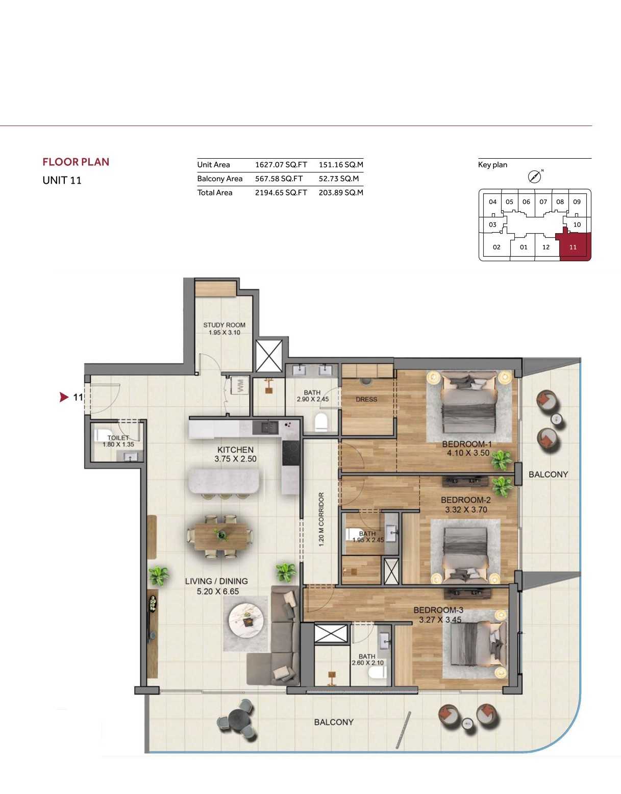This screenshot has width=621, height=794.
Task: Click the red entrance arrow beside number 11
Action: point(64,397)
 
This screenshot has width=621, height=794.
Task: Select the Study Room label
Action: point(225,325)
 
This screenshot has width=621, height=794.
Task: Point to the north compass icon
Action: point(534,177)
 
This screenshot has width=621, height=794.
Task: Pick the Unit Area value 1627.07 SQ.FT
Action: point(281,165)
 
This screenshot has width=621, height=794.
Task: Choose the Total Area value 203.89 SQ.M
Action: point(341,192)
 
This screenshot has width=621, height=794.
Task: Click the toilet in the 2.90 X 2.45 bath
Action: point(321,421)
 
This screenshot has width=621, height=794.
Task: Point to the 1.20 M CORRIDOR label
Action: point(321,519)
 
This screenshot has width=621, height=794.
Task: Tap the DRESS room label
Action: point(366,400)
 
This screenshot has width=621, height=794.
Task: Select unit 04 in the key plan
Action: point(493,202)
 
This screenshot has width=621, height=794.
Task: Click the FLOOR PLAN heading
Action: point(76,162)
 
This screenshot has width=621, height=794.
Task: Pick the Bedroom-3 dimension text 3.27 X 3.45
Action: point(440,619)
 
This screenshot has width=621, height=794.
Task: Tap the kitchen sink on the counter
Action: point(266,427)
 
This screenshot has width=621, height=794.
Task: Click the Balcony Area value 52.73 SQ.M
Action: point(339,179)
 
